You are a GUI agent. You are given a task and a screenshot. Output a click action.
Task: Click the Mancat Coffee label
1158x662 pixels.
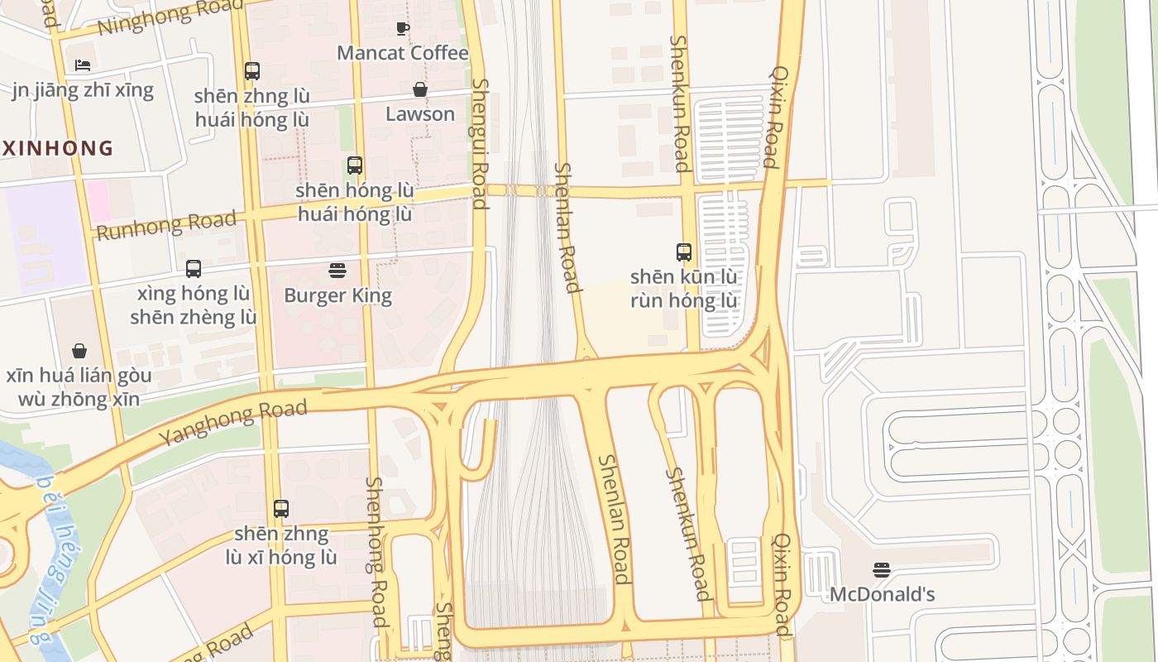[x=403, y=53]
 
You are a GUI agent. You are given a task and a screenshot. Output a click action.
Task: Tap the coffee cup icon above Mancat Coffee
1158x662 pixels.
[x=403, y=29]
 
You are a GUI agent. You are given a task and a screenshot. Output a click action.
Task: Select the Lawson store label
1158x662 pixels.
[x=420, y=113]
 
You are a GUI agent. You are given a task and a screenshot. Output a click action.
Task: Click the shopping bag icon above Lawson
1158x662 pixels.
[x=420, y=89]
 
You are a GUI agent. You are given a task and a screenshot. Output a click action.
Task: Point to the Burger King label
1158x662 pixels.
[x=337, y=295]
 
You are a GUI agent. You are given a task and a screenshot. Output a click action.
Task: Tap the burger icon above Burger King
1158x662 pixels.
[x=337, y=271]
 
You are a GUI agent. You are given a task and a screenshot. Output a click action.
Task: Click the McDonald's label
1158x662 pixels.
[x=882, y=594]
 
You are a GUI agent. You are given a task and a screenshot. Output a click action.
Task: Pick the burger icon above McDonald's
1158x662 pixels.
[x=882, y=570]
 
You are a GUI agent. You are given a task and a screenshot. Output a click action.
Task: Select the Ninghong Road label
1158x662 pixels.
[x=159, y=18]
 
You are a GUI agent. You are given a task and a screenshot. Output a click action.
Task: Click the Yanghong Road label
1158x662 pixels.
[x=232, y=422]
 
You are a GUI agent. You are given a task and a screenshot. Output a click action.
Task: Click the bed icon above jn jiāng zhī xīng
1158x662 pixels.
[x=83, y=65]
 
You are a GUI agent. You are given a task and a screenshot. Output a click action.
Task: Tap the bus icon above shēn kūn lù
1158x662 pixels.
[x=684, y=252]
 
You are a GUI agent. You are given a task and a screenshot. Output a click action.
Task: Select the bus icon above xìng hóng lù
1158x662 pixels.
[x=194, y=269]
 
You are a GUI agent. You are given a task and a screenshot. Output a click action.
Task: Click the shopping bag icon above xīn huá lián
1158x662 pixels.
[x=79, y=351]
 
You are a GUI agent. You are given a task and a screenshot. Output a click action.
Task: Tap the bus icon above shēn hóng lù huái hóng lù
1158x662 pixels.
[x=355, y=165]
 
